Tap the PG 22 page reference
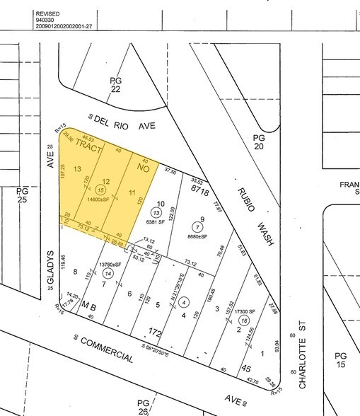(116, 85)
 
